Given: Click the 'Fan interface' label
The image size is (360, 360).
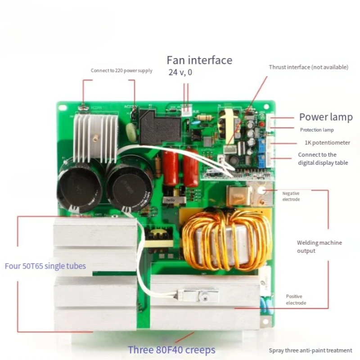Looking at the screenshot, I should [199, 60].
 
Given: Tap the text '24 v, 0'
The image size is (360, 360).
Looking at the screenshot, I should [180, 72].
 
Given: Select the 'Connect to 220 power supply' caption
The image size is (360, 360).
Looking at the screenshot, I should [121, 71].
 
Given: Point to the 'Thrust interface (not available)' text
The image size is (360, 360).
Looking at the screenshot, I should [308, 67].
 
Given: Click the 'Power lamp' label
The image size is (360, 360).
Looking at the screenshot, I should [326, 117].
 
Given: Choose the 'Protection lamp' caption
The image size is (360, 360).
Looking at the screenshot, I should [317, 130].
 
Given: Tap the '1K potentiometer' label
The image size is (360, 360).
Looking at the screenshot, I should [327, 143].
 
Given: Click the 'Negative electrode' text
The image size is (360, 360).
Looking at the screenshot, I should [291, 196].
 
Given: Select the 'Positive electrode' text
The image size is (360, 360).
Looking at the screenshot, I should [296, 300].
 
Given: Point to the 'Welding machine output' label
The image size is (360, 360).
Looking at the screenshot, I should [319, 247].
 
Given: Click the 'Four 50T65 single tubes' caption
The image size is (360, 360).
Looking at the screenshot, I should [45, 265].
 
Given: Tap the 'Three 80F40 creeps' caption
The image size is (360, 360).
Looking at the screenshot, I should [171, 350].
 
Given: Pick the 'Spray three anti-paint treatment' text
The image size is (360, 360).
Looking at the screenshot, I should [310, 351].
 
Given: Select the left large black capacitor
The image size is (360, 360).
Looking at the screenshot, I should [81, 184].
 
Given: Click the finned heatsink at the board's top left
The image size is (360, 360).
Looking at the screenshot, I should [95, 135].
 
